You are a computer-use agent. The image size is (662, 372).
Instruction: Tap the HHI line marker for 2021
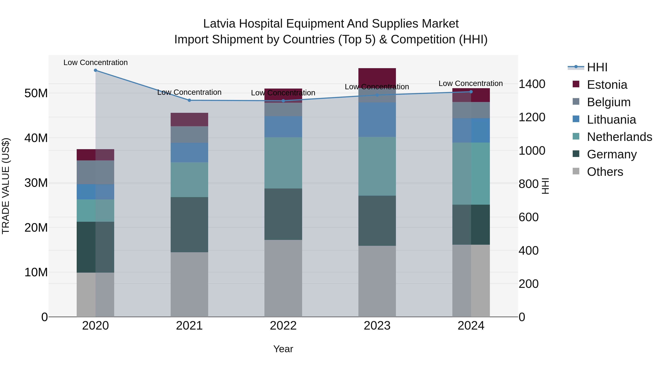pos(189,100)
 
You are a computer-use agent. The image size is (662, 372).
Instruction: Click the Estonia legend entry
pos(607,85)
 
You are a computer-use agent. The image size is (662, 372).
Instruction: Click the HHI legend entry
pos(597,67)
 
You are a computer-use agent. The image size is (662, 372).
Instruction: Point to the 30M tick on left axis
pos(36,183)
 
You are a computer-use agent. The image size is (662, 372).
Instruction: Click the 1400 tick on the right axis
pos(532,84)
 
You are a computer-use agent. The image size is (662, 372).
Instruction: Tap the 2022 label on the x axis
pos(283,326)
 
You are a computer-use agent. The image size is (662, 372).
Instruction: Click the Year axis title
pos(283,349)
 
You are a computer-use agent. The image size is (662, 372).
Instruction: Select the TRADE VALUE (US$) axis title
pos(6,186)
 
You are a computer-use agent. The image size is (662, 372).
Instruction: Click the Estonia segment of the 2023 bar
pos(377,77)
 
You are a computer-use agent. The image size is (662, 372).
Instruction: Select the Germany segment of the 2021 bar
pos(189,225)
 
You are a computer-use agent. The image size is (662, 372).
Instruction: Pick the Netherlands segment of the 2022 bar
pos(283,163)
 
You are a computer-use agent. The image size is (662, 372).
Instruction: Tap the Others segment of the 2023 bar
pos(377,281)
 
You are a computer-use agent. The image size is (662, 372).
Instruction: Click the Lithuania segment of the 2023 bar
pos(377,120)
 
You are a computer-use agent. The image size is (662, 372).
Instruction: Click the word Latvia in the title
pos(219,24)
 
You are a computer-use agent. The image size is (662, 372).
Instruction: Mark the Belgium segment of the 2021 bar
pos(189,134)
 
